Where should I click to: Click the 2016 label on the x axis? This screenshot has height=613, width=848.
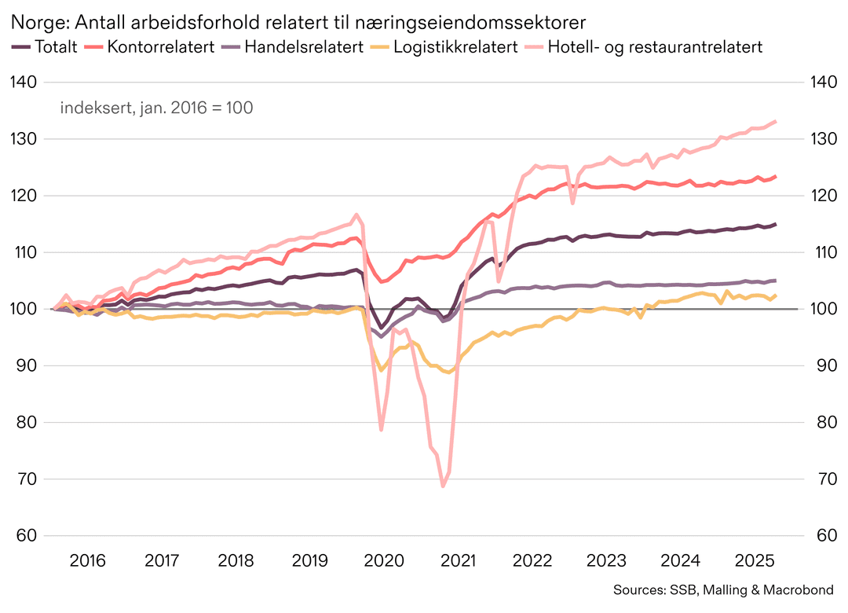click(x=87, y=561)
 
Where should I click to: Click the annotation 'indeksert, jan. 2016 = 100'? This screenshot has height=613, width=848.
click(x=156, y=108)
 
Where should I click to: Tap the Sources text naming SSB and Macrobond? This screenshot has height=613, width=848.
click(x=722, y=590)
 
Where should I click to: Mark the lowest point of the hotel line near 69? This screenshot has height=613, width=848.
click(x=443, y=486)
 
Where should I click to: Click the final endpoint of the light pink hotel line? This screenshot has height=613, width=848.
click(x=776, y=121)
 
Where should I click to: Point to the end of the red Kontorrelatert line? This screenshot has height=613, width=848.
click(x=776, y=176)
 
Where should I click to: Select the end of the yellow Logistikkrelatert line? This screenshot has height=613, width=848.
click(x=776, y=295)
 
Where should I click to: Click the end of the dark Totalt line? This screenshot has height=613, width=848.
click(x=776, y=224)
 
